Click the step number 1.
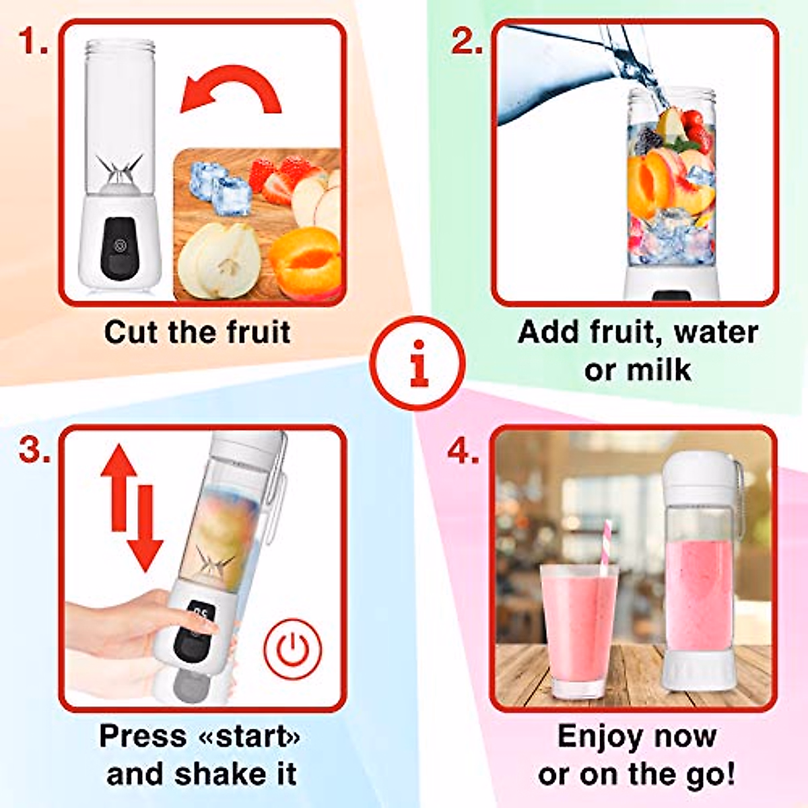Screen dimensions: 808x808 pos(32,42)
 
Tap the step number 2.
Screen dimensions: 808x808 pos(467,42)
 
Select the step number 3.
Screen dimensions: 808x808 pos(34,449)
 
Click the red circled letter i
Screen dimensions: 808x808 pos(419,364)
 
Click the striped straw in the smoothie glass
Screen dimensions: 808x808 pos(604,545)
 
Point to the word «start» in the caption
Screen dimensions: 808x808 pos(250,736)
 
